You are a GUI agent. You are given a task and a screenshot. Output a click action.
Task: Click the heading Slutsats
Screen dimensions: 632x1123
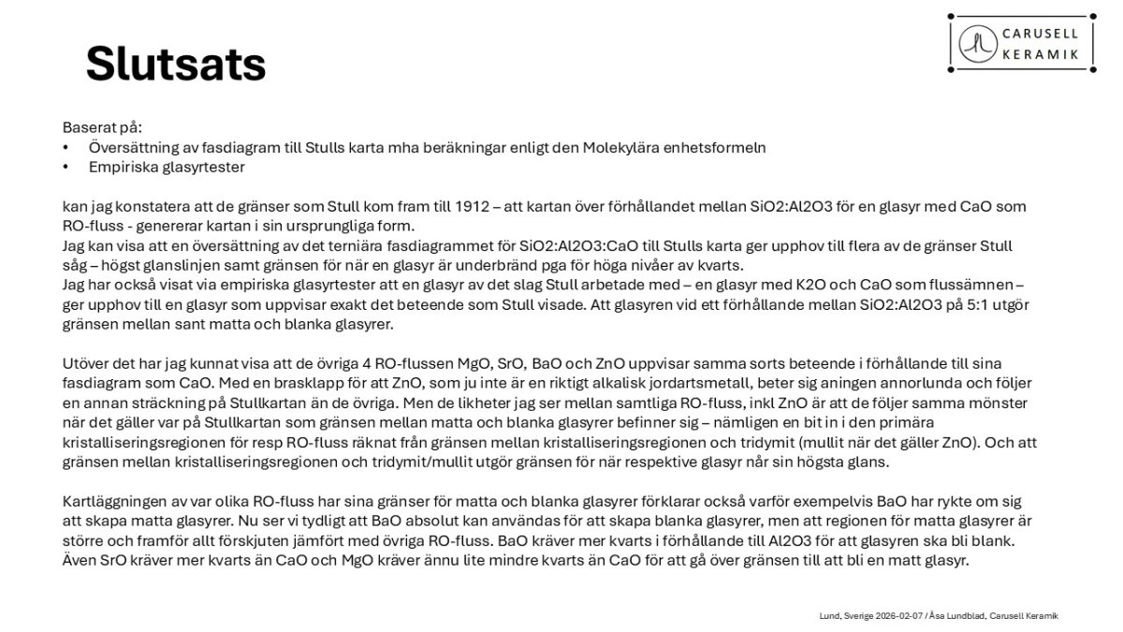[176, 63]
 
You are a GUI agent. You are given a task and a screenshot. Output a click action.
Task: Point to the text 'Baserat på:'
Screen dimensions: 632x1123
[102, 126]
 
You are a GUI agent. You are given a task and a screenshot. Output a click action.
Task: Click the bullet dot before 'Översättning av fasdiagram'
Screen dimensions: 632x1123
[66, 148]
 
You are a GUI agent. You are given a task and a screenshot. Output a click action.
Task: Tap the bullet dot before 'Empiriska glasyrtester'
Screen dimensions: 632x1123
[66, 168]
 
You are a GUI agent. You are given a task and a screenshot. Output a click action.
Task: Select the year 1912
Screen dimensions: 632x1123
[464, 207]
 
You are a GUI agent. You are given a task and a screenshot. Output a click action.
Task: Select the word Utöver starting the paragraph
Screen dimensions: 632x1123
[87, 362]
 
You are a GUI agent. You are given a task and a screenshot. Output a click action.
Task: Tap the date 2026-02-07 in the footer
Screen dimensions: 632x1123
[897, 615]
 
